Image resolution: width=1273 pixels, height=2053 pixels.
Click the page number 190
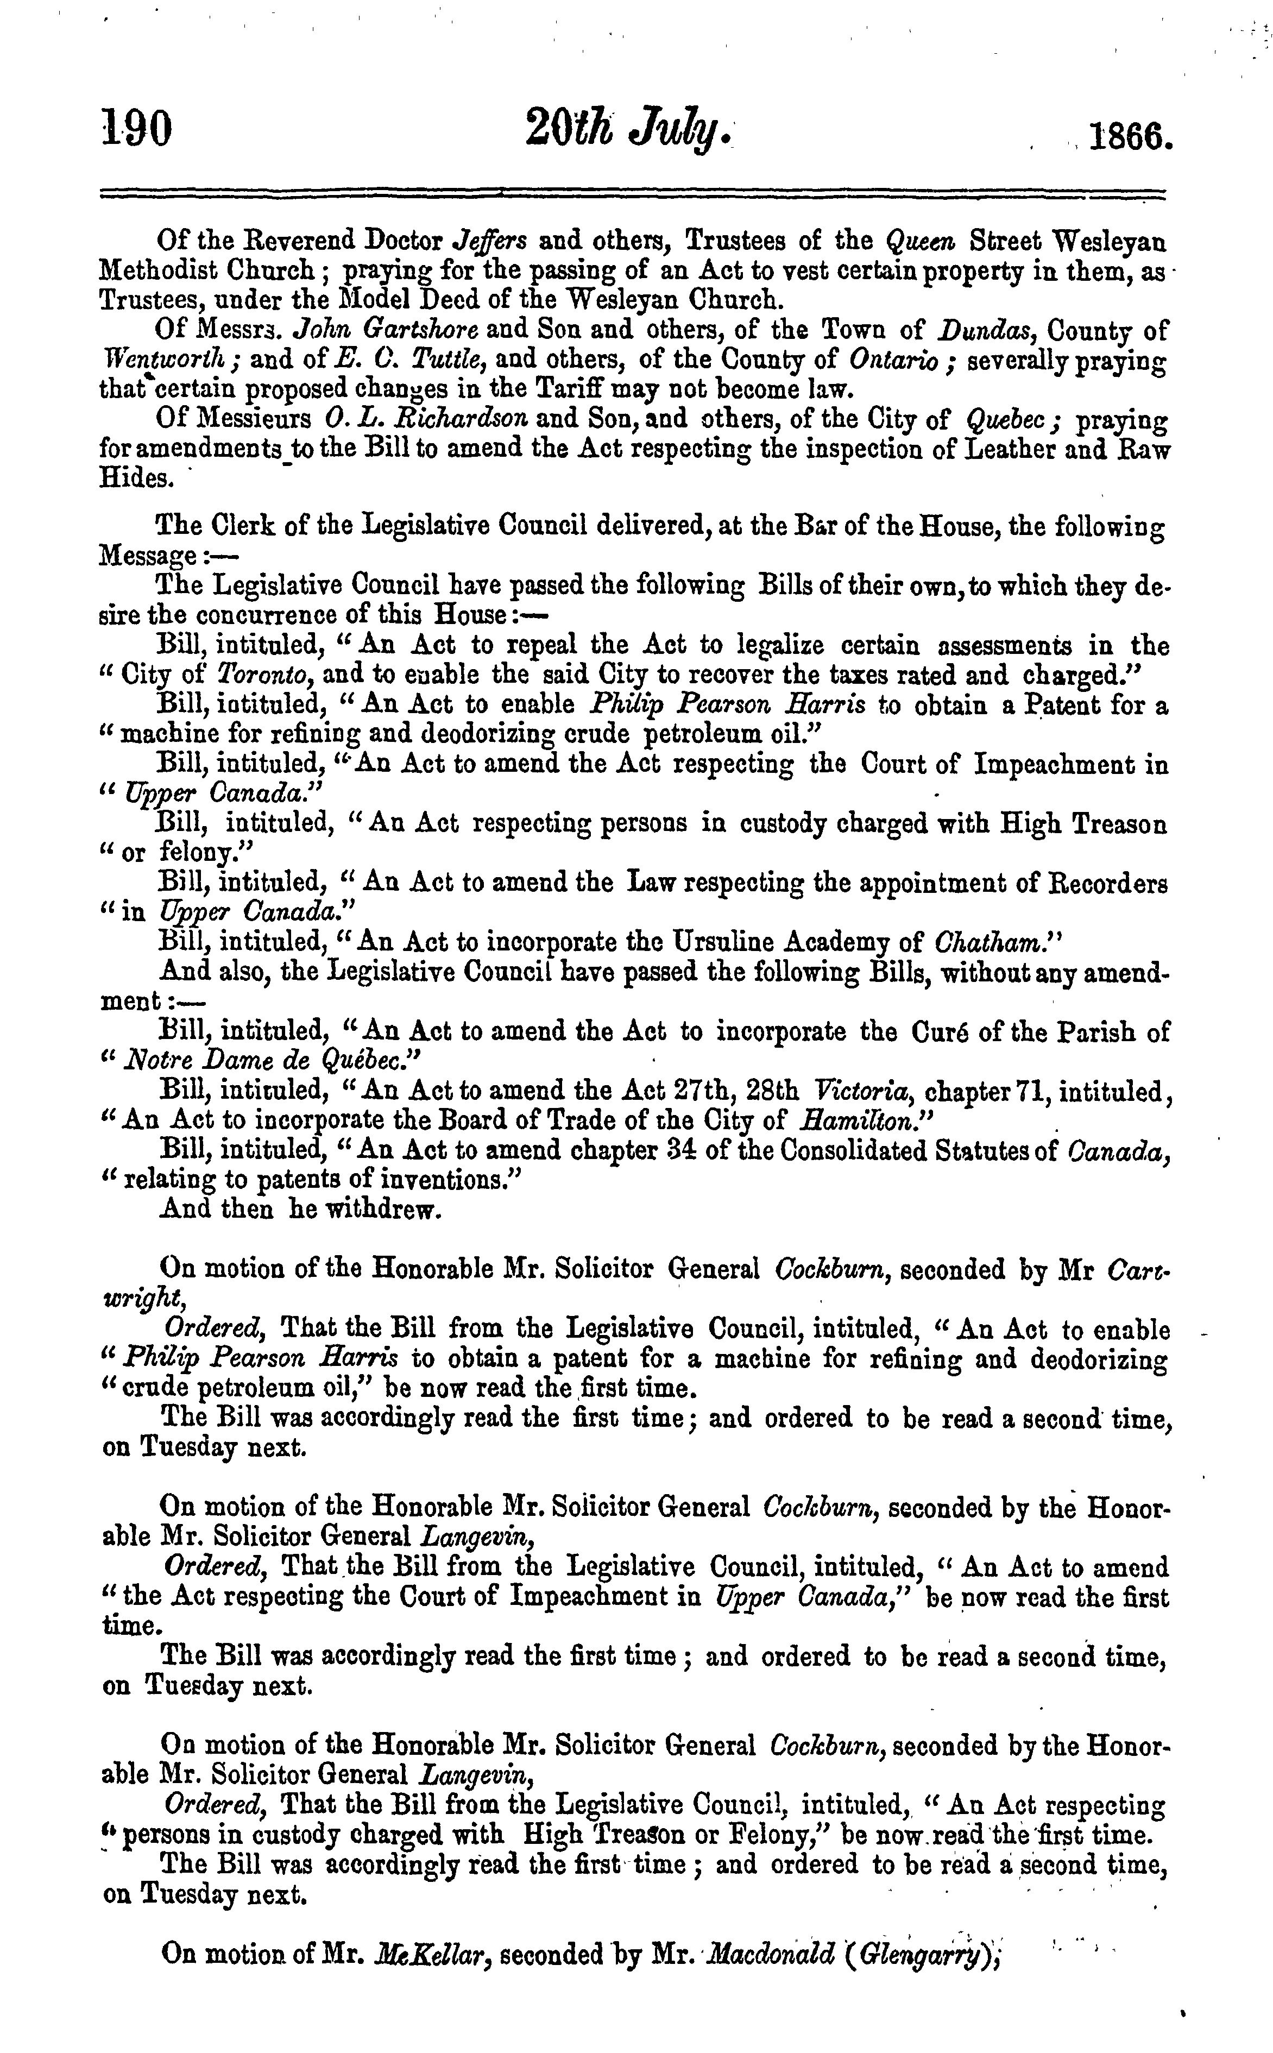click(136, 130)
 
